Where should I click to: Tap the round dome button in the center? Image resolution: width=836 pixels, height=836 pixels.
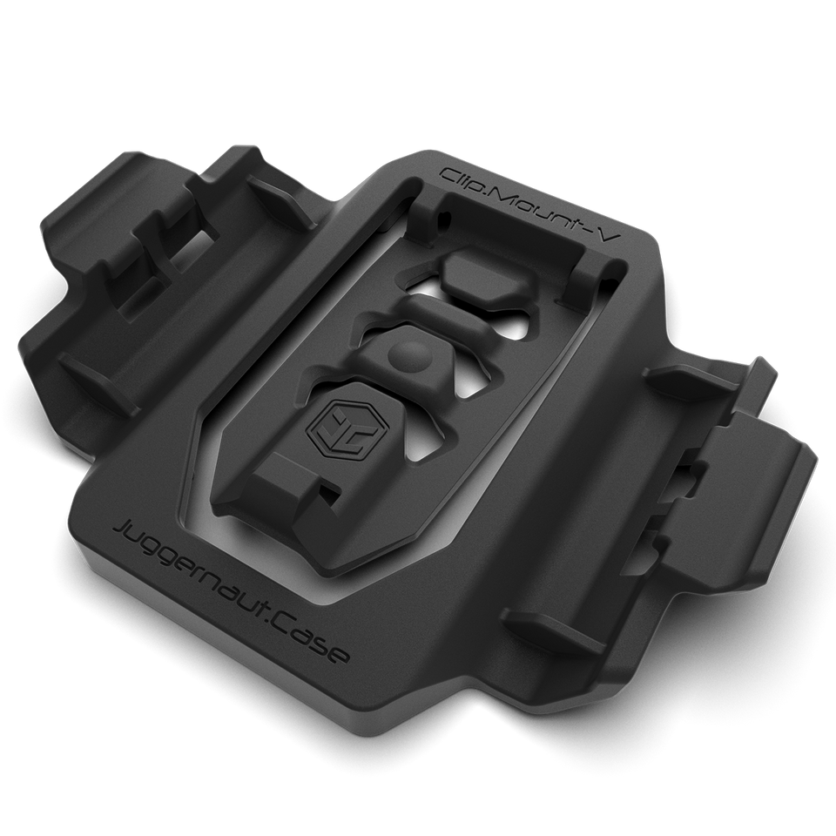408,356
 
